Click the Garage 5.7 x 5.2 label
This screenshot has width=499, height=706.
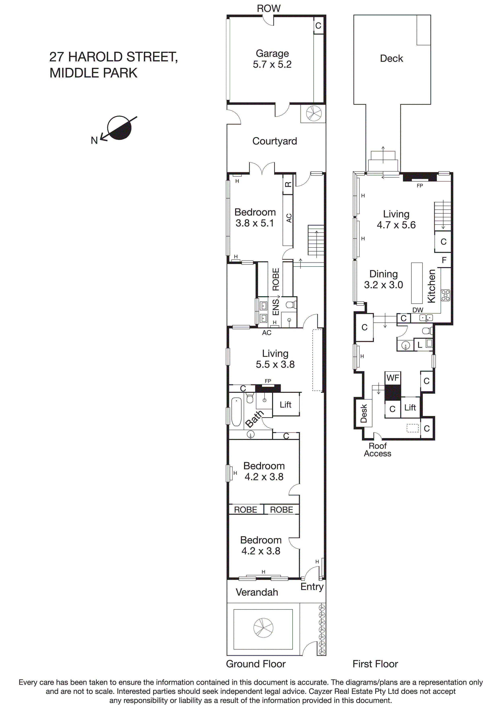(272, 59)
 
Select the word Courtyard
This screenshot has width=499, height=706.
(275, 141)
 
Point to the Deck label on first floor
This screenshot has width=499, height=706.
(391, 58)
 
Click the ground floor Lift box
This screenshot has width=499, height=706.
(286, 405)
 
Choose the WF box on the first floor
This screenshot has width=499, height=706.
(393, 378)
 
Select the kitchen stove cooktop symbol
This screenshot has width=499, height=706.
(445, 295)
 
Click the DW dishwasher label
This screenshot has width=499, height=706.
(418, 310)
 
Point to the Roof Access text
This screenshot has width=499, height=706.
(377, 450)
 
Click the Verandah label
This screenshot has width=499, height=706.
(257, 592)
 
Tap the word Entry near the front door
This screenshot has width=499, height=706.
(312, 586)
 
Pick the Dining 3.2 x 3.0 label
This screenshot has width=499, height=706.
(383, 279)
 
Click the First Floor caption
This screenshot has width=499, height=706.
(375, 664)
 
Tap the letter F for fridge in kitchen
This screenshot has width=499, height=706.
(444, 260)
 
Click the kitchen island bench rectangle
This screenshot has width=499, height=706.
(417, 283)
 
